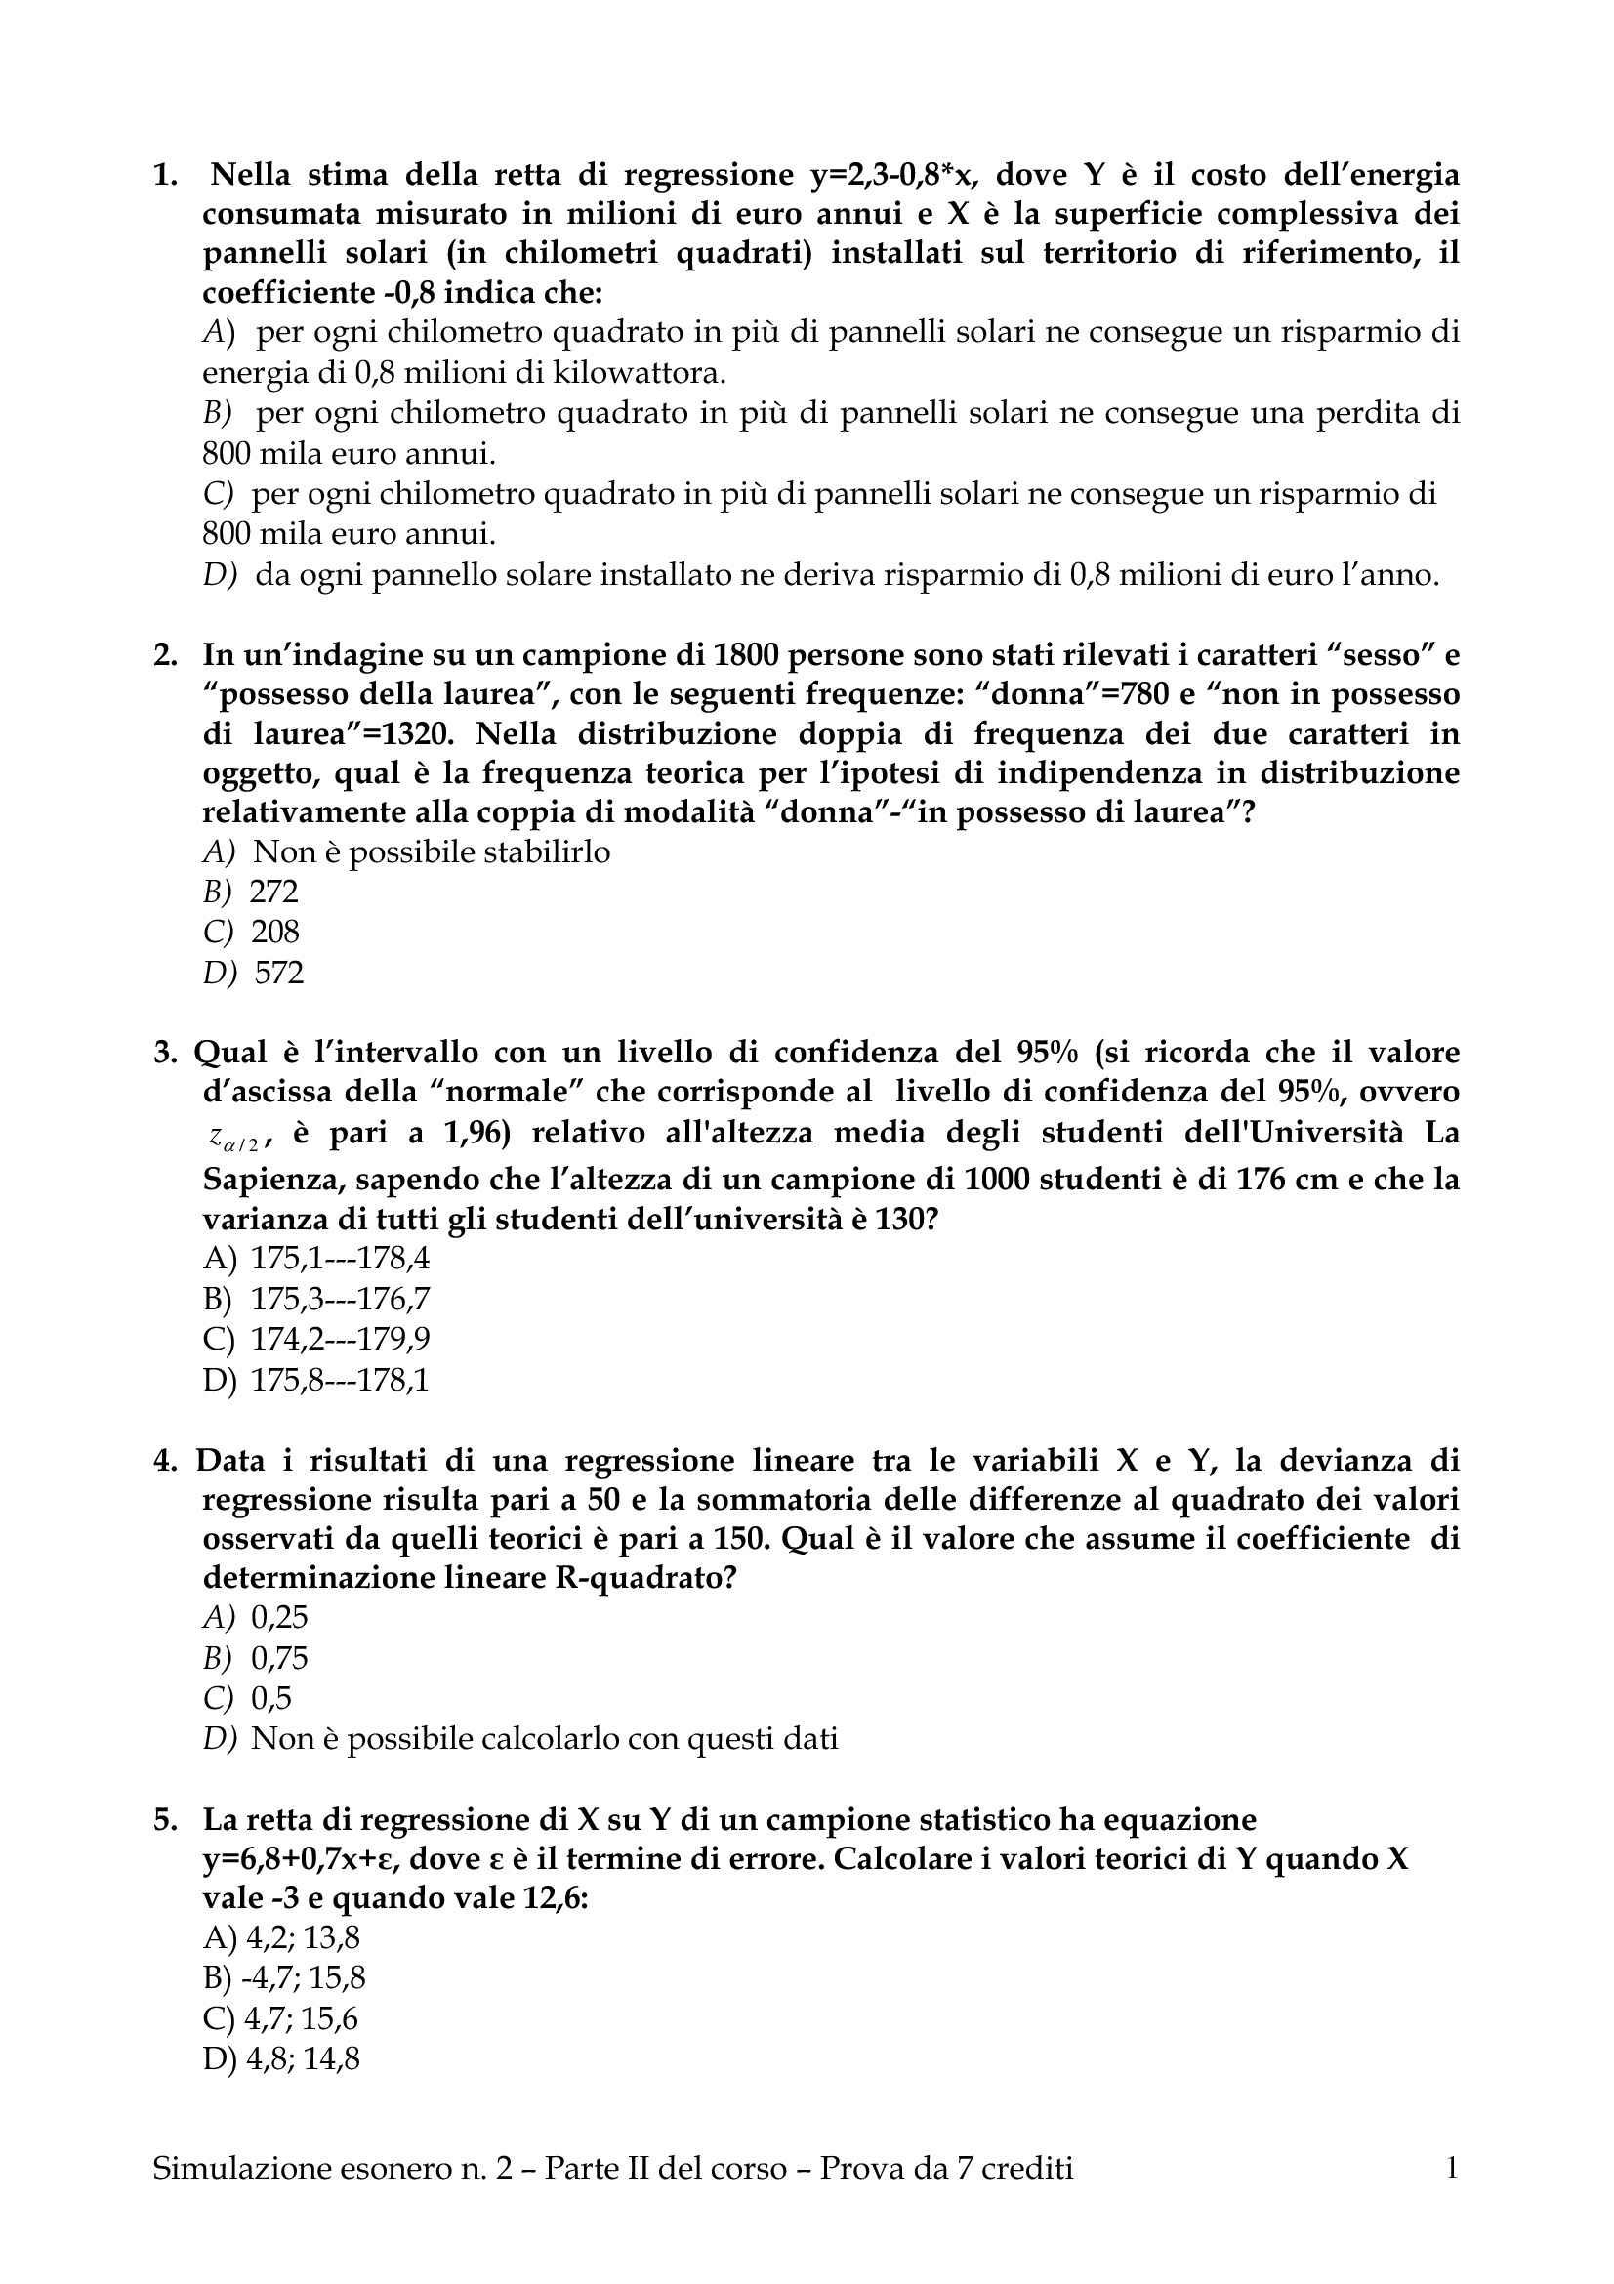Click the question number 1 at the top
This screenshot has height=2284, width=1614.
click(x=164, y=176)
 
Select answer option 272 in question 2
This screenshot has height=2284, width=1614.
click(x=273, y=892)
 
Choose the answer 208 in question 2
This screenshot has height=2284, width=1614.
click(x=274, y=932)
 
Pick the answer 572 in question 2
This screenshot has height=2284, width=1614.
click(x=278, y=972)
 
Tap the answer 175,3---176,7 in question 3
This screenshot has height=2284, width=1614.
click(x=340, y=1299)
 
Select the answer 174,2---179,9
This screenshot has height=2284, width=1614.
click(x=340, y=1340)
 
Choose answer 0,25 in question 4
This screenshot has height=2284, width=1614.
click(x=279, y=1617)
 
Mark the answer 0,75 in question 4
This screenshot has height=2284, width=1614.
click(x=279, y=1658)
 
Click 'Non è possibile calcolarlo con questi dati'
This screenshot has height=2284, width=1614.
click(x=544, y=1739)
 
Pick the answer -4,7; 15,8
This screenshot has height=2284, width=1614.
click(x=303, y=1977)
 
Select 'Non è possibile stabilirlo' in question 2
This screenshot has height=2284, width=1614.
click(x=432, y=851)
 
